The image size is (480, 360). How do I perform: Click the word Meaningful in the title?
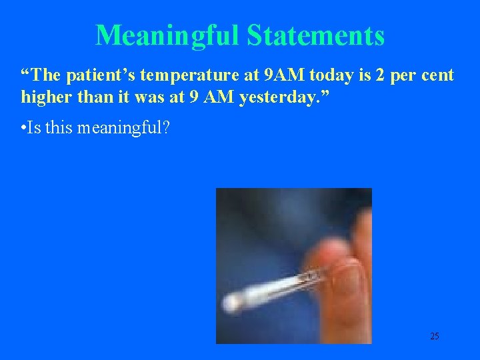[x=168, y=35]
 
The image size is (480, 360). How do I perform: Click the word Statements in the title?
[x=315, y=35]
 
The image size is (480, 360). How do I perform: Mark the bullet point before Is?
[x=24, y=127]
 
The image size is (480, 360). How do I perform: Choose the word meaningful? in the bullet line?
[x=123, y=127]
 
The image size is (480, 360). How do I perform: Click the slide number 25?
[x=434, y=336]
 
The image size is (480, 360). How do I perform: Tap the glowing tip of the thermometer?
[x=233, y=304]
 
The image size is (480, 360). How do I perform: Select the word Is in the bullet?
[x=35, y=127]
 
